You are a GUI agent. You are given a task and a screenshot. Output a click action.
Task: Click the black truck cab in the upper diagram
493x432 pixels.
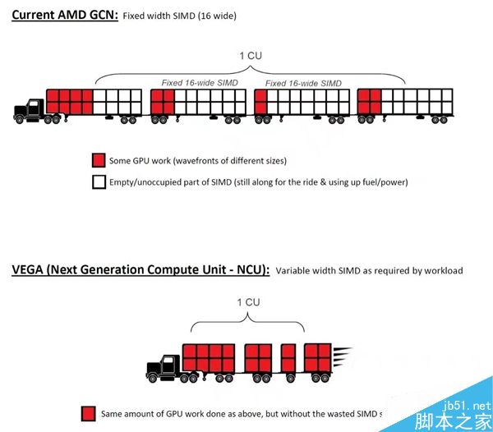pyautogui.click(x=30, y=111)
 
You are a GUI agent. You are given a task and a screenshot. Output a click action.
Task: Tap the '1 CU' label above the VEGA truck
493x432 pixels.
pyautogui.click(x=249, y=302)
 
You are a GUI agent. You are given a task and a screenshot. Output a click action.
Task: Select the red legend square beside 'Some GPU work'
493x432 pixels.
pyautogui.click(x=99, y=160)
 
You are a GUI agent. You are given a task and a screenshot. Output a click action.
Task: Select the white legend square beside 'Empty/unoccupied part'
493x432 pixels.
pyautogui.click(x=99, y=182)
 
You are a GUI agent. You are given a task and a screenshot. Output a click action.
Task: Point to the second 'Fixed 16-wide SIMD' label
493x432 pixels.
pyautogui.click(x=303, y=83)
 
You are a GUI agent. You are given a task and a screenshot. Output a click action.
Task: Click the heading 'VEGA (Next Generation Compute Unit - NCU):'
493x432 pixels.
pyautogui.click(x=141, y=270)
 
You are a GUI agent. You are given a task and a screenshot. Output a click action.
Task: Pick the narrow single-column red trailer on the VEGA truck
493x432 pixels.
pyautogui.click(x=288, y=358)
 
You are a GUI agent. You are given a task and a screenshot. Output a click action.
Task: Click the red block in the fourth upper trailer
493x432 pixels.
pyautogui.click(x=369, y=102)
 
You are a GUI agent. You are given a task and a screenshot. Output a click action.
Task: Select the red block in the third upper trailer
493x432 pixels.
pyautogui.click(x=262, y=102)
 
